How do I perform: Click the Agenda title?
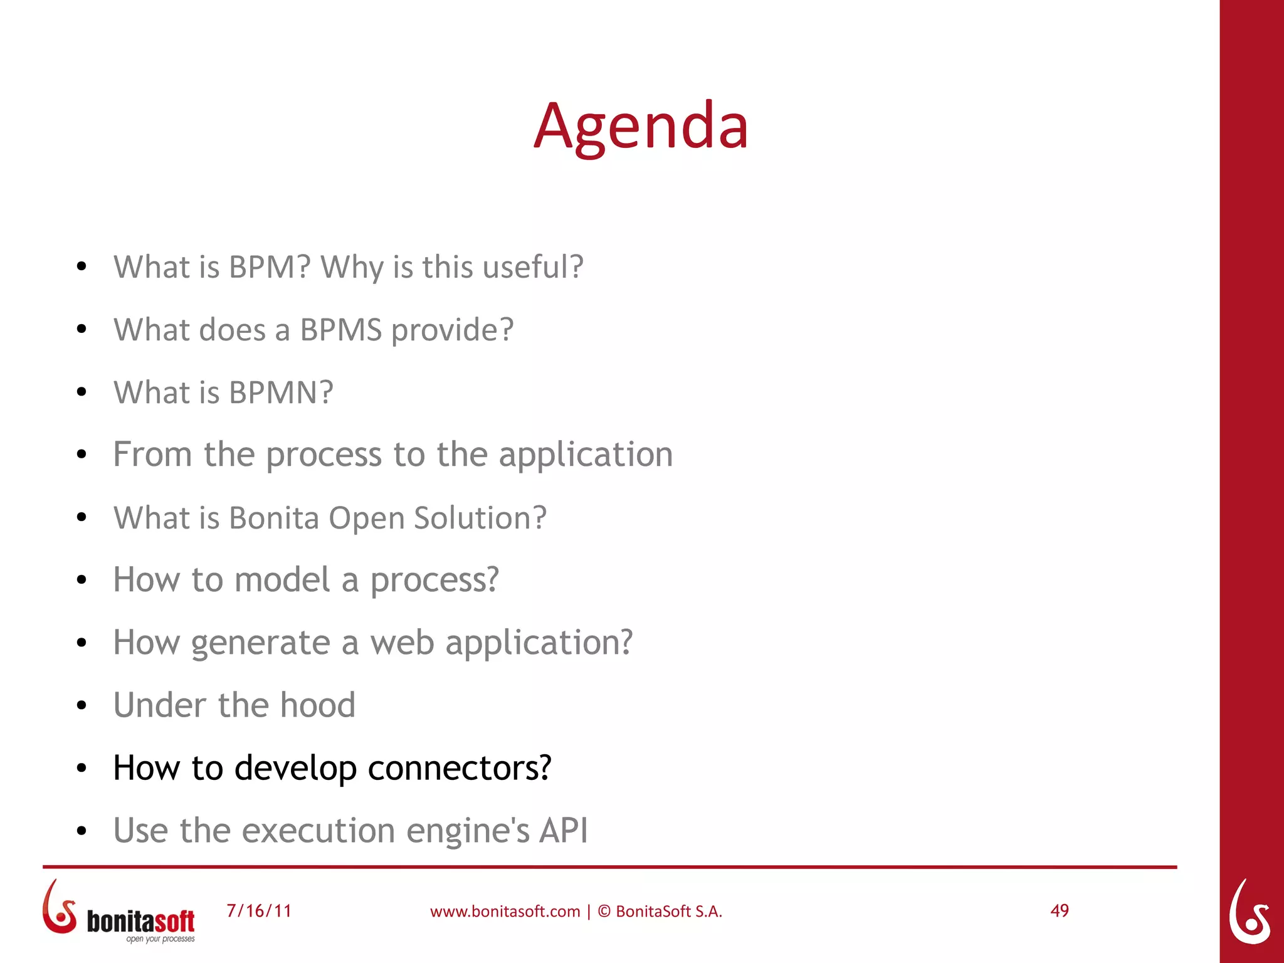pyautogui.click(x=641, y=127)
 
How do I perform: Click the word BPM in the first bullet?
pyautogui.click(x=270, y=267)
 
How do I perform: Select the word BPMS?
pyautogui.click(x=340, y=330)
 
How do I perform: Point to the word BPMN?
pyautogui.click(x=281, y=392)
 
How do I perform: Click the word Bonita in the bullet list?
pyautogui.click(x=274, y=518)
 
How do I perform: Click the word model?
pyautogui.click(x=282, y=579)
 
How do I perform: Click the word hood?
pyautogui.click(x=317, y=705)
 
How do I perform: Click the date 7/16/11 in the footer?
pyautogui.click(x=259, y=910)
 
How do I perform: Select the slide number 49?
pyautogui.click(x=1059, y=910)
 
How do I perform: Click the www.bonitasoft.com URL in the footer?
pyautogui.click(x=505, y=911)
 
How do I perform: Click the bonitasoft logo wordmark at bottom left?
pyautogui.click(x=140, y=922)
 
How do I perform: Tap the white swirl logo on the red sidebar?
pyautogui.click(x=1249, y=912)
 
